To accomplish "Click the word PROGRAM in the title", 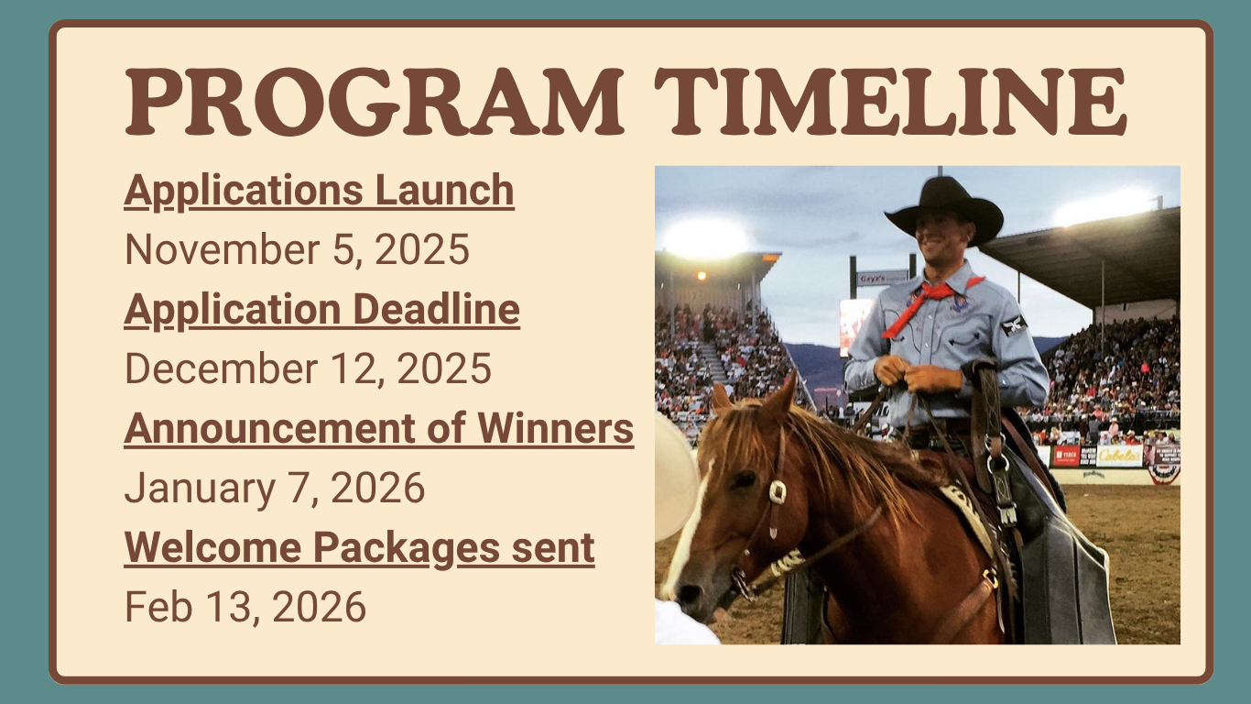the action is point(374,102).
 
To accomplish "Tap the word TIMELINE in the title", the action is point(890,102).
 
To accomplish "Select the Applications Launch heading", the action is point(319,191).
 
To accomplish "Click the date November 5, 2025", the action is point(297,249).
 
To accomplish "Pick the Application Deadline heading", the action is point(321,310).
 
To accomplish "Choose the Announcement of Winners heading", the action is point(378,429).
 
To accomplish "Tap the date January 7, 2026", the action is point(275,488).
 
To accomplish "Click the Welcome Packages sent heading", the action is point(359,548).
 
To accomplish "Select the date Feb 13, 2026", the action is point(245,607).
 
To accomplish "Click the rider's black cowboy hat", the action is point(944,209).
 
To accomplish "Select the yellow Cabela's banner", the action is point(1119,456).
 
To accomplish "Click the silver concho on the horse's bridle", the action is point(777,491).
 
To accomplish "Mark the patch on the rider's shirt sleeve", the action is point(1014,324).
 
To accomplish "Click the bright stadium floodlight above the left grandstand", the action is point(705,237).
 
